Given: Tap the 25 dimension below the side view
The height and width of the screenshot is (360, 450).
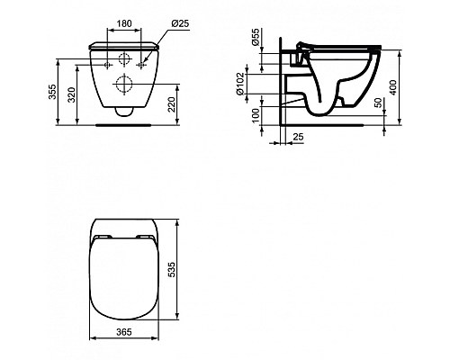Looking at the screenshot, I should click(x=298, y=136).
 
